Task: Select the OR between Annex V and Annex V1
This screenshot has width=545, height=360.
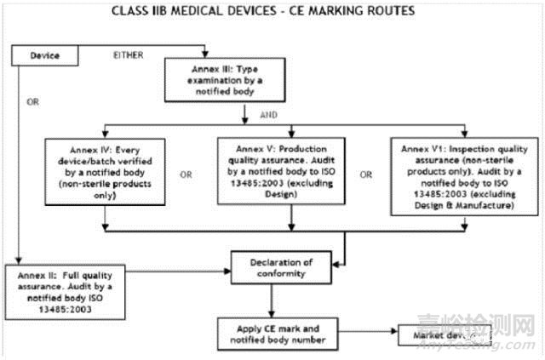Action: point(366,174)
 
